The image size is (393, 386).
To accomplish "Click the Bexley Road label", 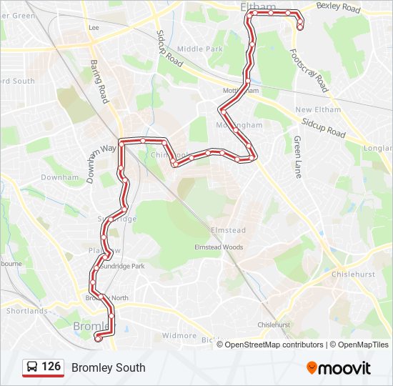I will point(338,8).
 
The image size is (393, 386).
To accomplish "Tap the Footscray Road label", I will point(309,71).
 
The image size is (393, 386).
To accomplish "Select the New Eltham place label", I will point(314,109).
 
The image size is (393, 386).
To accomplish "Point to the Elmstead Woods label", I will point(219,247).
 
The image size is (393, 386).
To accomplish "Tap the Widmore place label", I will point(179,335).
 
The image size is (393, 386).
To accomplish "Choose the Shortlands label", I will point(26,311).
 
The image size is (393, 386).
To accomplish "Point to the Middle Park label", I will point(200,49).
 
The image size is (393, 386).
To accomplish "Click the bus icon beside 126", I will point(32,367).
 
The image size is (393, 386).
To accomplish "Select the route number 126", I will point(51,367).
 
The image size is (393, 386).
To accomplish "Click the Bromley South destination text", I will point(108,368).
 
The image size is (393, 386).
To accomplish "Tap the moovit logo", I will point(339,368).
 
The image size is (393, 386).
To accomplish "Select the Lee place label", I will point(93,27).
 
